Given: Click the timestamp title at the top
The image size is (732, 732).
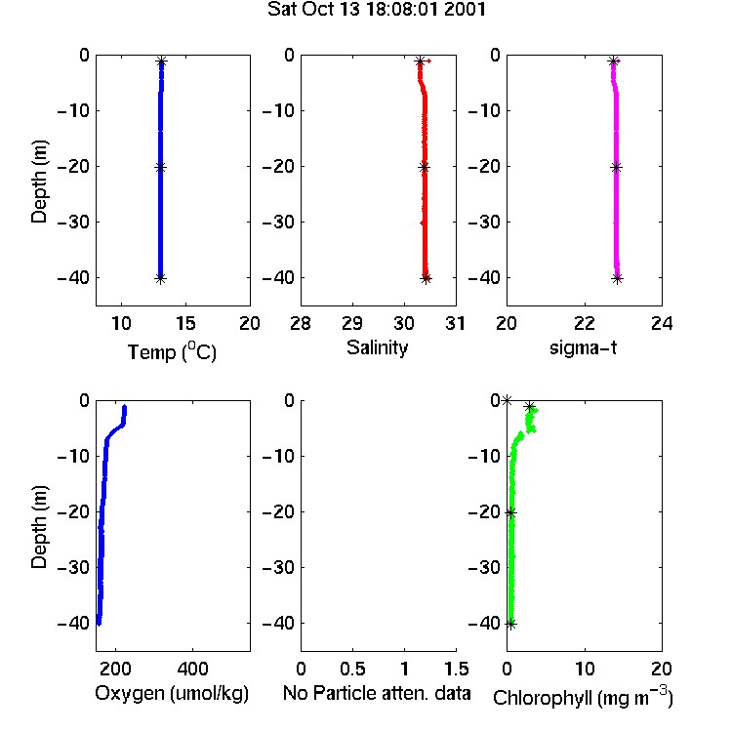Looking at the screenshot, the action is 377,10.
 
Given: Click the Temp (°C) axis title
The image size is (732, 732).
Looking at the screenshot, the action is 172,352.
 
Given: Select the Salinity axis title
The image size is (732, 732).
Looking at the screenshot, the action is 377,347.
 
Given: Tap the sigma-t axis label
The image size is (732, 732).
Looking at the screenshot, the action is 583,347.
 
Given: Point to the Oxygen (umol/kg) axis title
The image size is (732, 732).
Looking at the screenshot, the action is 172,693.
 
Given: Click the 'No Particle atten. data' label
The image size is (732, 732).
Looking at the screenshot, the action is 377,693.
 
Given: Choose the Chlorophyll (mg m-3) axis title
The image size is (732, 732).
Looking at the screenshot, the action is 583,697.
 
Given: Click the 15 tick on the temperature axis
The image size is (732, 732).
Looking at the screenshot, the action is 185,323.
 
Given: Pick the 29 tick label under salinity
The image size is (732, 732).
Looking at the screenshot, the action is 352,323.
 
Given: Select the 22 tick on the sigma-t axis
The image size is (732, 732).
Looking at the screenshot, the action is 585,323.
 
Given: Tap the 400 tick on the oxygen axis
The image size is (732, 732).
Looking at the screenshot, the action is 193,669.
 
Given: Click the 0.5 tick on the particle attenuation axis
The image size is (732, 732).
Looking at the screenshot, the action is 352,669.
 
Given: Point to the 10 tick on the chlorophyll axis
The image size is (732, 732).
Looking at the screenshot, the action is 585,669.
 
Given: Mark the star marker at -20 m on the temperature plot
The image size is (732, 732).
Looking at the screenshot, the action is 161,168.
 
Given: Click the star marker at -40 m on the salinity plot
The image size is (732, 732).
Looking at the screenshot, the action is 426,279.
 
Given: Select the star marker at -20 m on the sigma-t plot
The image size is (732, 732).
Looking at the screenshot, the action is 616,168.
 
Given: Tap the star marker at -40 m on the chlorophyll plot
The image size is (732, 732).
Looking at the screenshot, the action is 511,625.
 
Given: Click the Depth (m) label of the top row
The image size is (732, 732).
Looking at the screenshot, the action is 39,182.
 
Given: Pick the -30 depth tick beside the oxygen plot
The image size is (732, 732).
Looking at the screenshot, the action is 73,568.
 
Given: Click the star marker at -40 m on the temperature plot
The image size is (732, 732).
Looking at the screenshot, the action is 161,279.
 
